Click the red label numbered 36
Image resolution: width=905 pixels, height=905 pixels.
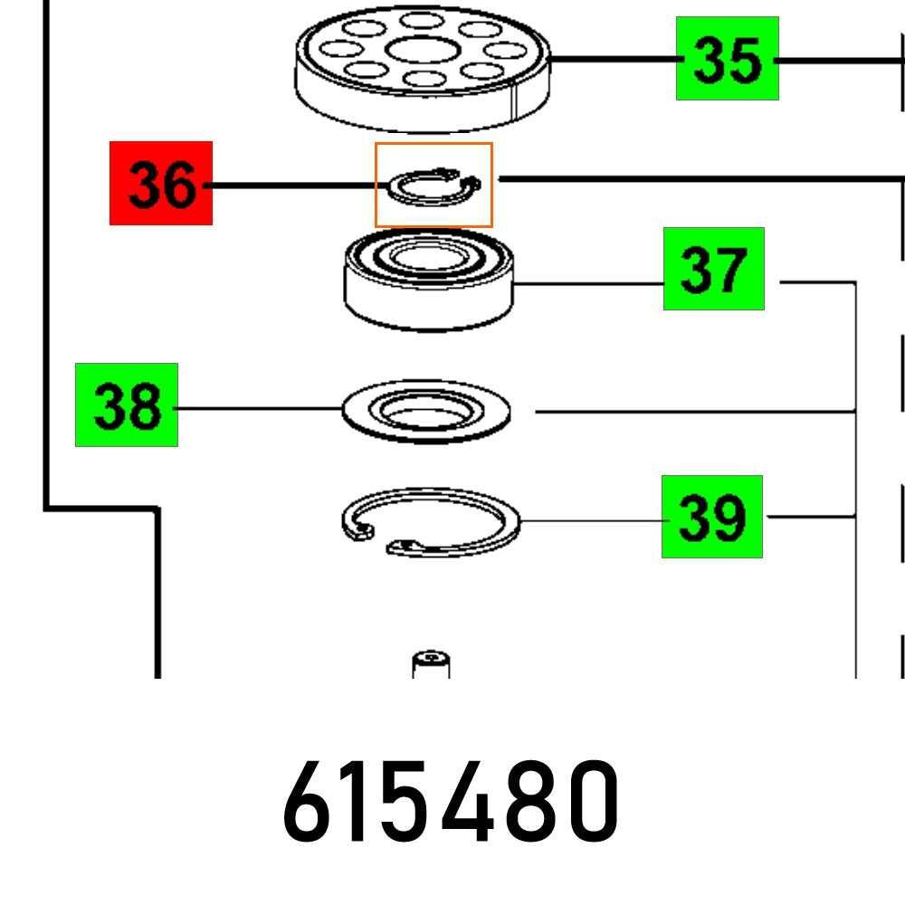coord(161,183)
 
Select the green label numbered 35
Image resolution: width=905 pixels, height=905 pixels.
coord(727,59)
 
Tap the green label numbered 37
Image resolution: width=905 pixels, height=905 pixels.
coord(713,269)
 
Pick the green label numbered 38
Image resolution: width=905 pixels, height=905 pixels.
coord(127,405)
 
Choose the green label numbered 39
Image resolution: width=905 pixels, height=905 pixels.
coord(711,517)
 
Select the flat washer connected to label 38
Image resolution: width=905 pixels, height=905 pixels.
coord(426,412)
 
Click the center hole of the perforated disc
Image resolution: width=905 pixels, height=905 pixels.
coord(422,49)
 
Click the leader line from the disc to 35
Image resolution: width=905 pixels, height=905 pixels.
coord(615,60)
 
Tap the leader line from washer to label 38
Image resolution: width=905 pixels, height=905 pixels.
coord(258,409)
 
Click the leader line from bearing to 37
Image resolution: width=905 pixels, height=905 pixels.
coord(588,284)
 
